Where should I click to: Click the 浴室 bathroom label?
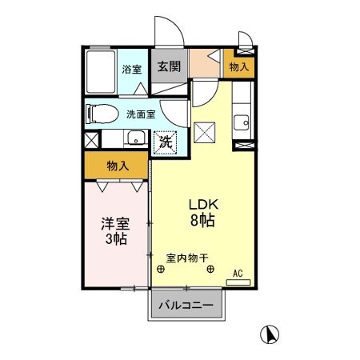tap(131, 70)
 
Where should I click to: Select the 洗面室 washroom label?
tap(142, 114)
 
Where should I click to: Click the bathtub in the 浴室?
tap(102, 70)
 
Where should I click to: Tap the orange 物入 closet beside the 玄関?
tap(239, 67)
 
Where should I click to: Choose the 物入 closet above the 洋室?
tap(118, 166)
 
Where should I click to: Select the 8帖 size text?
tap(203, 219)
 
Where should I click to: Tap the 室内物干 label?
tap(187, 258)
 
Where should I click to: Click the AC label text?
tap(238, 273)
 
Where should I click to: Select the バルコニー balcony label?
tap(185, 305)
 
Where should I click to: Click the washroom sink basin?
tap(135, 135)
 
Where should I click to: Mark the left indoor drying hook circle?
tap(162, 270)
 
